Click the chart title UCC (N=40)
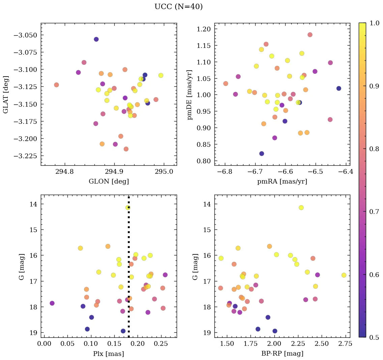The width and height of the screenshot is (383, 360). click(178, 7)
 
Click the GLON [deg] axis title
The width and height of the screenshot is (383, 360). click(109, 182)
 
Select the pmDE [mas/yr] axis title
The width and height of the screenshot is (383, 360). click(190, 94)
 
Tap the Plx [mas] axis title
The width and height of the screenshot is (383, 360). click(109, 354)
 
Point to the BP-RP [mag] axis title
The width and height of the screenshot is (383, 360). click(282, 354)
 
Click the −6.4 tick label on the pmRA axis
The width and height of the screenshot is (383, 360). click(346, 172)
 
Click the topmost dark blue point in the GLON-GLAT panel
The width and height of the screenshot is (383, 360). click(96, 39)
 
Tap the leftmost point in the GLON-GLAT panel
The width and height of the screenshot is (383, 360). click(56, 85)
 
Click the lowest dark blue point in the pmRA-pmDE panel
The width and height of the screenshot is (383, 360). click(262, 154)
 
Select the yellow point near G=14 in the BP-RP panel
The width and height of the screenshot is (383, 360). click(301, 207)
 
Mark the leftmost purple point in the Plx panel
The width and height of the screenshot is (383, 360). click(52, 303)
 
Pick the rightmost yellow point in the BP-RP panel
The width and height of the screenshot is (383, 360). click(344, 275)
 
